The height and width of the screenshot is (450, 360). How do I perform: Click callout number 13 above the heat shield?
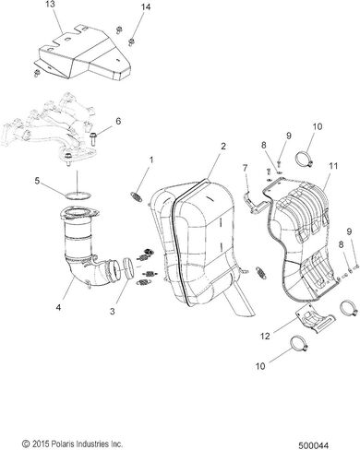51,6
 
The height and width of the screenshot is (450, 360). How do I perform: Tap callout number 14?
145,7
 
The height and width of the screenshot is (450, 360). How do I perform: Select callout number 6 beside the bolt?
118,121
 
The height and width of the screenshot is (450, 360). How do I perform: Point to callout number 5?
37,181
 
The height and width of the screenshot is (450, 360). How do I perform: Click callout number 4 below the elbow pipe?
58,306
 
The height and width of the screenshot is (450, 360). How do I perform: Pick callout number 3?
113,311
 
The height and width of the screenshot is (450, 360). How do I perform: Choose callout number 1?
151,160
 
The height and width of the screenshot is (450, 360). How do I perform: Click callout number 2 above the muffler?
223,146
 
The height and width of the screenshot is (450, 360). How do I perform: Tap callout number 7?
245,168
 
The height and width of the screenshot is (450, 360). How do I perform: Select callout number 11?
333,166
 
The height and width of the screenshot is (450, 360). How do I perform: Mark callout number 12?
265,336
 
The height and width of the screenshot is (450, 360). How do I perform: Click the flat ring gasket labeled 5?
78,195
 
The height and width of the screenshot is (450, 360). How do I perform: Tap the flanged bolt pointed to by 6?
93,138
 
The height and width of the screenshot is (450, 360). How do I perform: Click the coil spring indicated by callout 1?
135,196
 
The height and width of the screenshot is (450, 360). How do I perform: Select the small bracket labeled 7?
254,203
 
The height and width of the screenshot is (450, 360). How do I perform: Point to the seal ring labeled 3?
128,268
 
